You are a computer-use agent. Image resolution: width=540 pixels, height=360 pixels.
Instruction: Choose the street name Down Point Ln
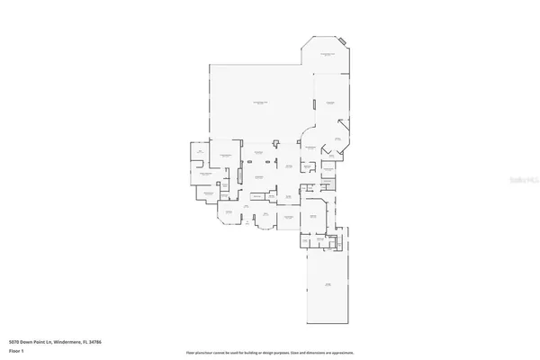click(40, 342)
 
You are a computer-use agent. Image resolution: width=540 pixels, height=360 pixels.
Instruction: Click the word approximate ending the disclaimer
click(345, 353)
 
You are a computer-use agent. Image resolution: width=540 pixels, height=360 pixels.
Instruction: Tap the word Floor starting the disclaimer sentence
click(190, 353)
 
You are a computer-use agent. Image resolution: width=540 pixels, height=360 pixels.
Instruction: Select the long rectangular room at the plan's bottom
click(328, 286)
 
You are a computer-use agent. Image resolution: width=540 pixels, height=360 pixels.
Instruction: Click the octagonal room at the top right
click(328, 56)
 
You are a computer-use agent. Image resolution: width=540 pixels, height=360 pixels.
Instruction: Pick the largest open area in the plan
click(261, 103)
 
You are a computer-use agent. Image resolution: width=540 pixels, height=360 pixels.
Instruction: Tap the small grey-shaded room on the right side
click(329, 167)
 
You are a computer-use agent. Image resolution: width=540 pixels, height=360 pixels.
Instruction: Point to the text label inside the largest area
click(261, 104)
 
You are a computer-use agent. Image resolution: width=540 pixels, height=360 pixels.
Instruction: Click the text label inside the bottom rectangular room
click(328, 285)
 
